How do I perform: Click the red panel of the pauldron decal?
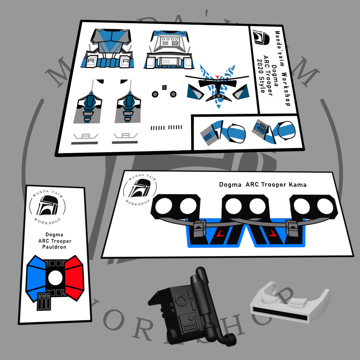click(x=74, y=278)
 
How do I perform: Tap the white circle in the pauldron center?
click(x=55, y=277)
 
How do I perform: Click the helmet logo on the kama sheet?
click(x=140, y=188)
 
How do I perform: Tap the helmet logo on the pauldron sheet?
click(x=47, y=206)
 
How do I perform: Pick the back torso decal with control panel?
click(x=169, y=50)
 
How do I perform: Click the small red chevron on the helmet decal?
click(x=217, y=76)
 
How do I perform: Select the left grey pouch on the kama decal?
click(x=200, y=229)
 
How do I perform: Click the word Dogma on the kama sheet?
click(x=230, y=185)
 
